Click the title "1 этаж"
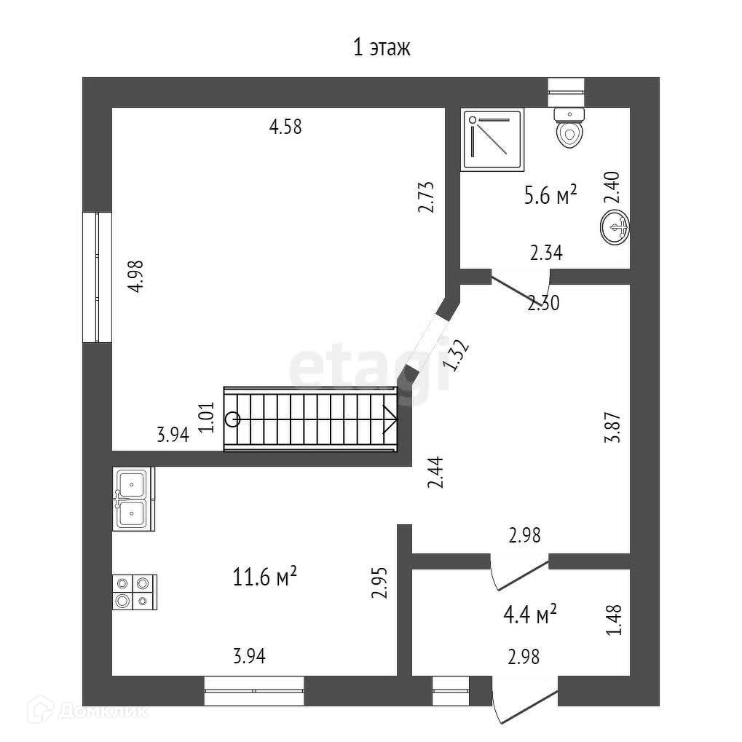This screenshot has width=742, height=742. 382,49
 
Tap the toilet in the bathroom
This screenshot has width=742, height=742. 569,129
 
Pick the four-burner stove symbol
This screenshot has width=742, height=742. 133,591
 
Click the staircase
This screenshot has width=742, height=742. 312,419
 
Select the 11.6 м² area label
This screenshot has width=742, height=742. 264,577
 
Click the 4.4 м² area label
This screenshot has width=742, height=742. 530,615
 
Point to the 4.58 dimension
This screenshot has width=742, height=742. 285,127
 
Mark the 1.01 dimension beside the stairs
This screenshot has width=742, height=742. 206,418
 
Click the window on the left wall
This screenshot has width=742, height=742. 97,277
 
